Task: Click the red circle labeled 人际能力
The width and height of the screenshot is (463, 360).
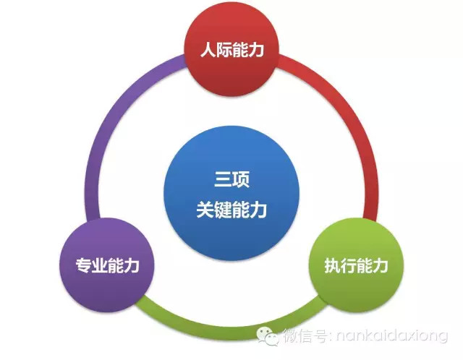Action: pos(231,49)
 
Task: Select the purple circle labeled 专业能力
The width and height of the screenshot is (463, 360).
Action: pos(107,265)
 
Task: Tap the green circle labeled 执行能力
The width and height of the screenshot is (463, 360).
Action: pos(356,265)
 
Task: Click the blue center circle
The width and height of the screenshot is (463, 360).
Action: pos(231,193)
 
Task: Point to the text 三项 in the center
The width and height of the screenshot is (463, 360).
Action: pos(231,179)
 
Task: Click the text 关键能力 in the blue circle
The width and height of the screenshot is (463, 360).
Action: pos(231,210)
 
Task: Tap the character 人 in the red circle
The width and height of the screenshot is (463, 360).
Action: pos(208,49)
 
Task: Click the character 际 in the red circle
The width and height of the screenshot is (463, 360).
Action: pos(224,49)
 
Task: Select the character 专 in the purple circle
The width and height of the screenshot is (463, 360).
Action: pos(84,265)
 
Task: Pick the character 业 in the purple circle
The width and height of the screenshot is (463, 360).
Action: pos(100,265)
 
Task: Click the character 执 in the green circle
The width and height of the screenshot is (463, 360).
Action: pos(333,265)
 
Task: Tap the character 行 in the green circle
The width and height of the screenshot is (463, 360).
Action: pos(349,265)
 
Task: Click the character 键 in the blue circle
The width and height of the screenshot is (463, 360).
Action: pos(223,210)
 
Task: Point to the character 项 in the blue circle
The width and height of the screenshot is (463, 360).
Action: pos(241,179)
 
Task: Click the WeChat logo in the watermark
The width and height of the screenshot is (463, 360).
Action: pos(268,336)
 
